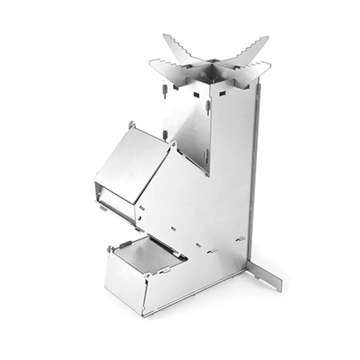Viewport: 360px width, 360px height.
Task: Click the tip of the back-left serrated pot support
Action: click(x=165, y=35)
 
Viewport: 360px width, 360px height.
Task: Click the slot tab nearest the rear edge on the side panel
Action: click(x=238, y=238)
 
